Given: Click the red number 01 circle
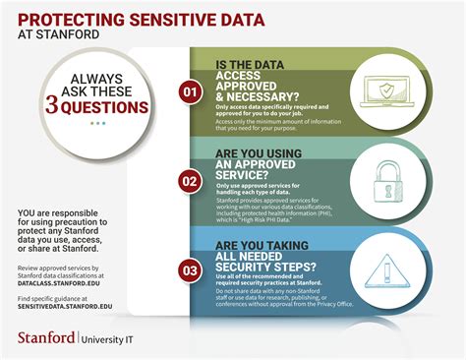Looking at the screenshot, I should pos(190,90).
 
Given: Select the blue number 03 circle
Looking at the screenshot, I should pos(190,268).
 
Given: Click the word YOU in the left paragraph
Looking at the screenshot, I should pos(27,213).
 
